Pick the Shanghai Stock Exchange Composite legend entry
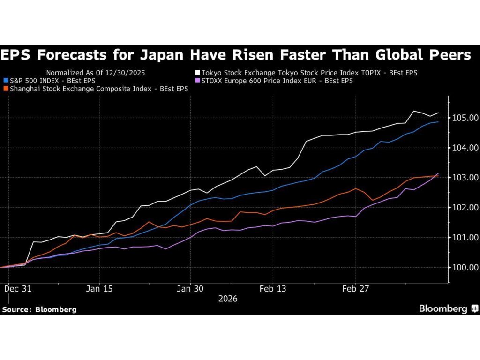[98, 89]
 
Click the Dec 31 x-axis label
[17, 289]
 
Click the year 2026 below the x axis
[227, 299]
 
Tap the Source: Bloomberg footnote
[39, 309]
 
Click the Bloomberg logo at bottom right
[448, 308]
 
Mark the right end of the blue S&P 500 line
[438, 122]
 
